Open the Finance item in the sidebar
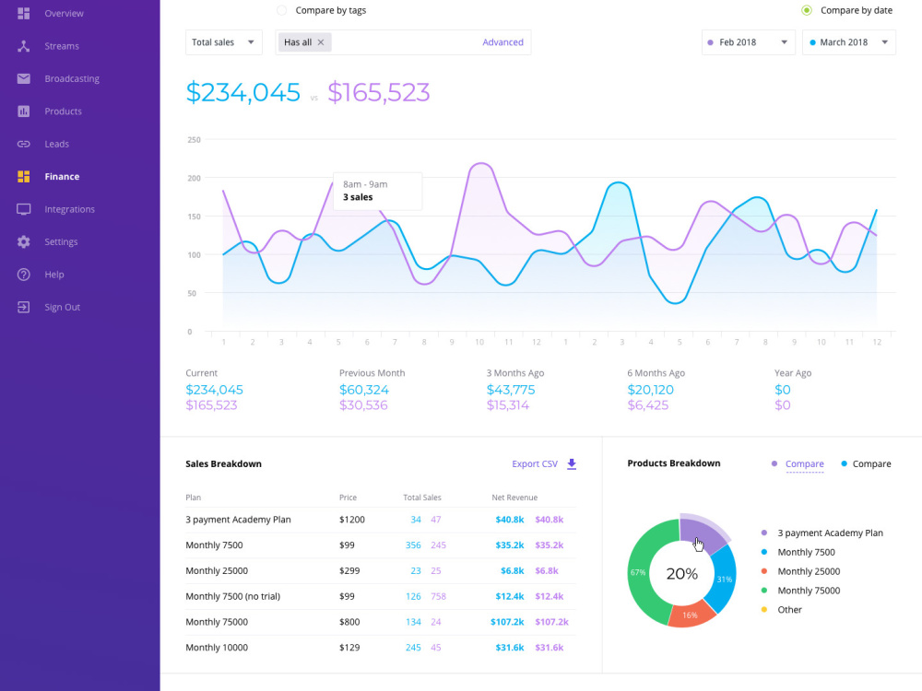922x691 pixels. click(x=62, y=176)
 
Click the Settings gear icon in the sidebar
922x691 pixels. click(x=24, y=241)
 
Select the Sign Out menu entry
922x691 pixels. click(x=63, y=307)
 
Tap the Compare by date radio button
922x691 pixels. click(x=807, y=10)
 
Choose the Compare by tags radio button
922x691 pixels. click(x=281, y=10)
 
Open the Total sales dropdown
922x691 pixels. click(x=223, y=42)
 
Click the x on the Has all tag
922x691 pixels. click(x=321, y=42)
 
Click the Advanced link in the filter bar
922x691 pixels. click(x=502, y=42)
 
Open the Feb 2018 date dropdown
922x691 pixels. click(x=748, y=42)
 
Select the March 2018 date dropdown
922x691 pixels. click(x=848, y=42)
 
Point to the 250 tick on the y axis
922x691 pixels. click(x=194, y=140)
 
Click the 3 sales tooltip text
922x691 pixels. click(x=358, y=197)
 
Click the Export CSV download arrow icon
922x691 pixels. click(x=572, y=464)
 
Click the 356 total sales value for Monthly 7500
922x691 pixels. click(x=413, y=545)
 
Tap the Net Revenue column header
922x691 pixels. click(x=514, y=498)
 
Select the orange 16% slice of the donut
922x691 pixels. click(x=691, y=614)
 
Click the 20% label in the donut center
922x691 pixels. click(x=682, y=573)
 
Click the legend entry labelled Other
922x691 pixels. click(x=789, y=609)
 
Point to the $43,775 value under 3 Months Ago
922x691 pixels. click(x=511, y=390)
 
